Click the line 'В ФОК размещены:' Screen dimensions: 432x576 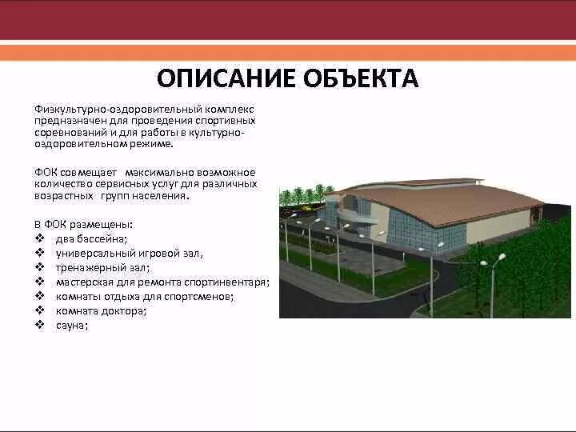[x=83, y=225]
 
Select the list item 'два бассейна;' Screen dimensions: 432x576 [x=91, y=239]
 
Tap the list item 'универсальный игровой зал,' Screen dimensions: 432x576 [x=129, y=254]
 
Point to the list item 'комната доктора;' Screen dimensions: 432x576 [x=101, y=311]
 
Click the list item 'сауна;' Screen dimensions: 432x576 [x=71, y=326]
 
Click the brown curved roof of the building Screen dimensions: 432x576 [x=448, y=200]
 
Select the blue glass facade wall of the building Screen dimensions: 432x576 [x=436, y=236]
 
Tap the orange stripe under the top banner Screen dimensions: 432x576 [x=288, y=52]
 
